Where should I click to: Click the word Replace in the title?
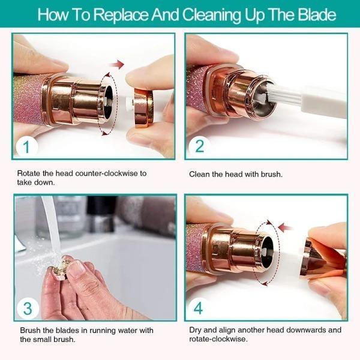pyautogui.click(x=124, y=14)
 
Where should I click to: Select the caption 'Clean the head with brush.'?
pyautogui.click(x=235, y=175)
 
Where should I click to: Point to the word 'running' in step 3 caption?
pyautogui.click(x=99, y=331)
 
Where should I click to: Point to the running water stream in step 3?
pyautogui.click(x=50, y=228)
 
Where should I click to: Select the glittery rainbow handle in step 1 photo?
pyautogui.click(x=26, y=96)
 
